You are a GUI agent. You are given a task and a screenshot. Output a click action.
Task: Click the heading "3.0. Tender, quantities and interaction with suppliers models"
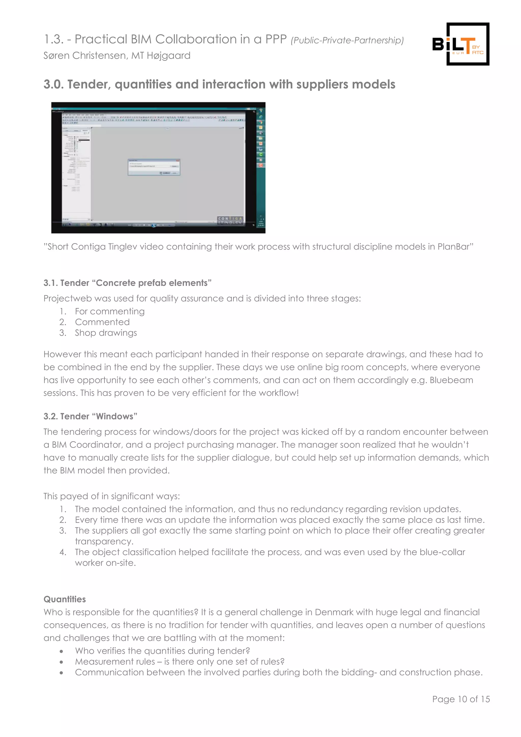[x=220, y=84]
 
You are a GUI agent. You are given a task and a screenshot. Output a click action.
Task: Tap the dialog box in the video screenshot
[x=154, y=167]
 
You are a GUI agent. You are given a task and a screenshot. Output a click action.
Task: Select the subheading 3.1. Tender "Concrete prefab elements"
[x=127, y=283]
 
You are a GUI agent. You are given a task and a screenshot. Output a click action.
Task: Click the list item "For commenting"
[x=110, y=311]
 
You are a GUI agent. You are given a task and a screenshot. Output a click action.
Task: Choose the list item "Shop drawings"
[x=106, y=333]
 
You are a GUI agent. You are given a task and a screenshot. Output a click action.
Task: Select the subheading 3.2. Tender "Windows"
[x=91, y=416]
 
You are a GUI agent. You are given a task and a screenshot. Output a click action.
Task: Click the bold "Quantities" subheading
[x=65, y=599]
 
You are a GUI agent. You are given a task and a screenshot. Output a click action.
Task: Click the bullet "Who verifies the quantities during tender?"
[x=162, y=651]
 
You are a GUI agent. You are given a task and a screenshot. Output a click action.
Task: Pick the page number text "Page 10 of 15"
[x=461, y=699]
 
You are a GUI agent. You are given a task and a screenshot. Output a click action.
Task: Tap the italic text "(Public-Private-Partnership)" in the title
[x=347, y=40]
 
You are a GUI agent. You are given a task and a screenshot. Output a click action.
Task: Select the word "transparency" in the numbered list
[x=104, y=542]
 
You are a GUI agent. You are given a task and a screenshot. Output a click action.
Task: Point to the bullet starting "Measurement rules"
[x=180, y=662]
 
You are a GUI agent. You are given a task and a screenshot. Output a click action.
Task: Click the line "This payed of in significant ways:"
[x=112, y=496]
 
